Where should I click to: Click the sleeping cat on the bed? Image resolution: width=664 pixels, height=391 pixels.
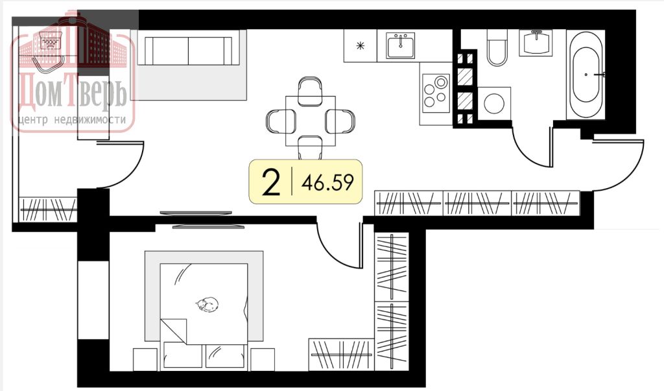click(207, 304)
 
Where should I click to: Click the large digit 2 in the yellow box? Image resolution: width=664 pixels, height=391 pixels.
click(271, 182)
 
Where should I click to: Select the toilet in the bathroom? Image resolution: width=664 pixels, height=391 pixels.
click(496, 47)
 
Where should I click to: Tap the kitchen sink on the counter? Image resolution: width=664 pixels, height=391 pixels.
click(400, 45)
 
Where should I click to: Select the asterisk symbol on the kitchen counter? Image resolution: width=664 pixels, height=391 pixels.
click(361, 46)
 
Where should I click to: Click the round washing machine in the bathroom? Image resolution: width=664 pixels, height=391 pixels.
click(494, 103)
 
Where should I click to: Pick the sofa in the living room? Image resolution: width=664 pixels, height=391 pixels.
click(189, 50)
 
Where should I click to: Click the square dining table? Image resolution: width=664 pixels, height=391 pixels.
click(311, 121)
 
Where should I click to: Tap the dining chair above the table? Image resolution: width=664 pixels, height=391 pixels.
click(311, 90)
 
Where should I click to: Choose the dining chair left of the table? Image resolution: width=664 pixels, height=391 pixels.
click(280, 121)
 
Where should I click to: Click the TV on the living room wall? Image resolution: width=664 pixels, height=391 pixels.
click(196, 213)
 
